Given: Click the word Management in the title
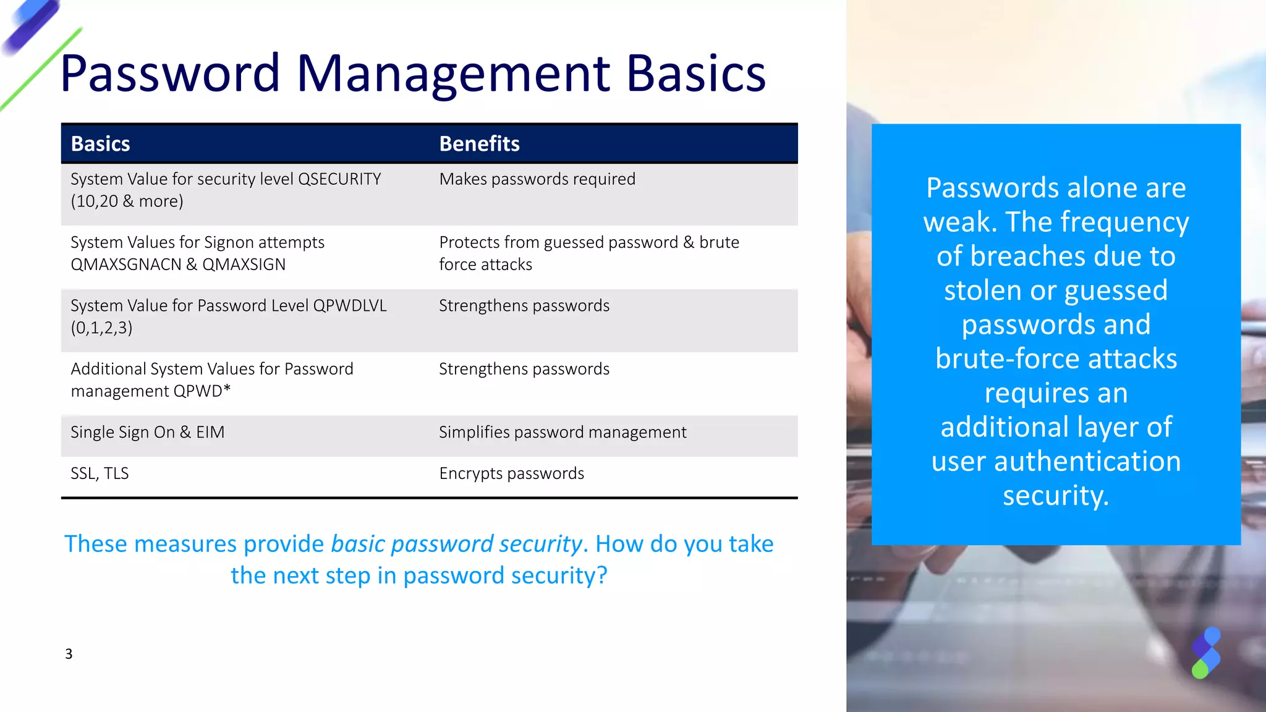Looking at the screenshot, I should tap(454, 74).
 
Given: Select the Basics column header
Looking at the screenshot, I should tap(100, 144).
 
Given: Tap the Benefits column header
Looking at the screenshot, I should tap(479, 144).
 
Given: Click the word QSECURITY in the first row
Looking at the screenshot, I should tap(339, 179).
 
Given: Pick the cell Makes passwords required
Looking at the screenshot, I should tap(537, 179).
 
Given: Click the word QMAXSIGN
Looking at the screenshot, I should tap(244, 265).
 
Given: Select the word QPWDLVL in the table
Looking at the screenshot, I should tap(350, 306).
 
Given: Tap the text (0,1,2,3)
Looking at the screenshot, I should tap(101, 328).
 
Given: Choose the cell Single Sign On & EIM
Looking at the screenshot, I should tap(147, 433).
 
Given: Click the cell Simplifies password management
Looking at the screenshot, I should tap(562, 433).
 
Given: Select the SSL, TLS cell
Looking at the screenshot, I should tap(100, 473).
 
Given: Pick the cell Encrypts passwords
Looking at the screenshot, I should tap(511, 473).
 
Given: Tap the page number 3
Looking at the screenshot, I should tap(69, 654).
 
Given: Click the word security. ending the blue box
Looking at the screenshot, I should tap(1055, 496).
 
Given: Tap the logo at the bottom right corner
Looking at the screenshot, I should tap(1205, 653).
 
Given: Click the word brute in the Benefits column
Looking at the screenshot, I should tap(719, 243).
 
